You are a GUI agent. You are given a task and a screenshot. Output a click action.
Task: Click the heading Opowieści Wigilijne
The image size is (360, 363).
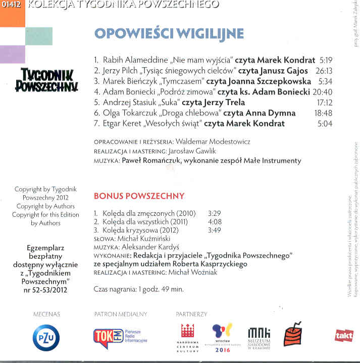(x=169, y=33)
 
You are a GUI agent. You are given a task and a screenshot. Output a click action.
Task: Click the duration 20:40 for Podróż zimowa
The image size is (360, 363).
(x=322, y=92)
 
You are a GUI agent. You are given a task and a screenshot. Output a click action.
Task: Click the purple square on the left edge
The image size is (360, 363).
(x=13, y=54)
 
